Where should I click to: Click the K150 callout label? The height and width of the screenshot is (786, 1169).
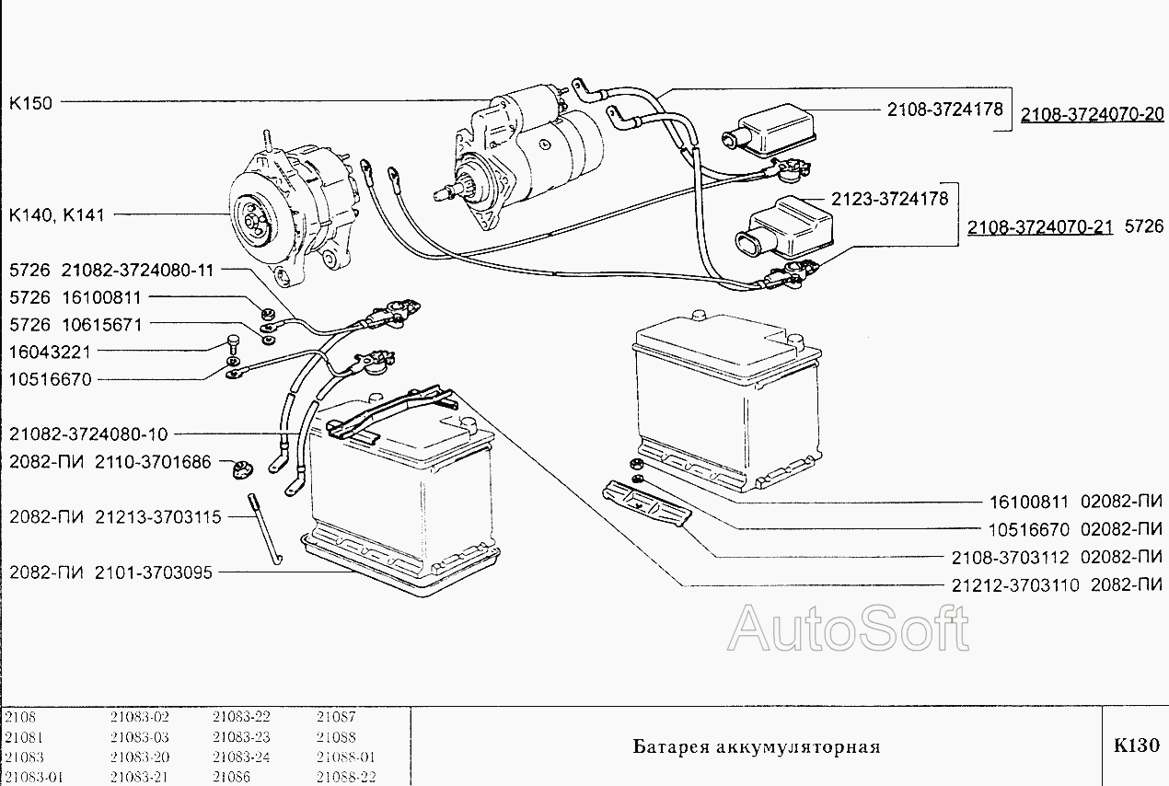(x=30, y=102)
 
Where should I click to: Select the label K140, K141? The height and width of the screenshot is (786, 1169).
(x=56, y=215)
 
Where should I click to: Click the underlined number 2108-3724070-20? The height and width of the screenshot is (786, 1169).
(x=1092, y=115)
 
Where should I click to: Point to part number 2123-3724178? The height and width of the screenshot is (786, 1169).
(x=889, y=198)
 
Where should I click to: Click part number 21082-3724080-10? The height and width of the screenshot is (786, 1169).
(x=90, y=433)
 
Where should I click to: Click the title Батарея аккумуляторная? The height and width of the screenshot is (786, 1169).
(x=756, y=746)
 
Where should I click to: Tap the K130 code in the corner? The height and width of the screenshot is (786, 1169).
(x=1136, y=746)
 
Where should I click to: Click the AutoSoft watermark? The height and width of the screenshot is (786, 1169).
(x=848, y=630)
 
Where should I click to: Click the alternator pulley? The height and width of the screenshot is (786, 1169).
(x=250, y=214)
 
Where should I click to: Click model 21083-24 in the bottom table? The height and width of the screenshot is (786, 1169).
(x=241, y=757)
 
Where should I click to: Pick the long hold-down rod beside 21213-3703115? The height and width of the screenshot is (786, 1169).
(x=264, y=528)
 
